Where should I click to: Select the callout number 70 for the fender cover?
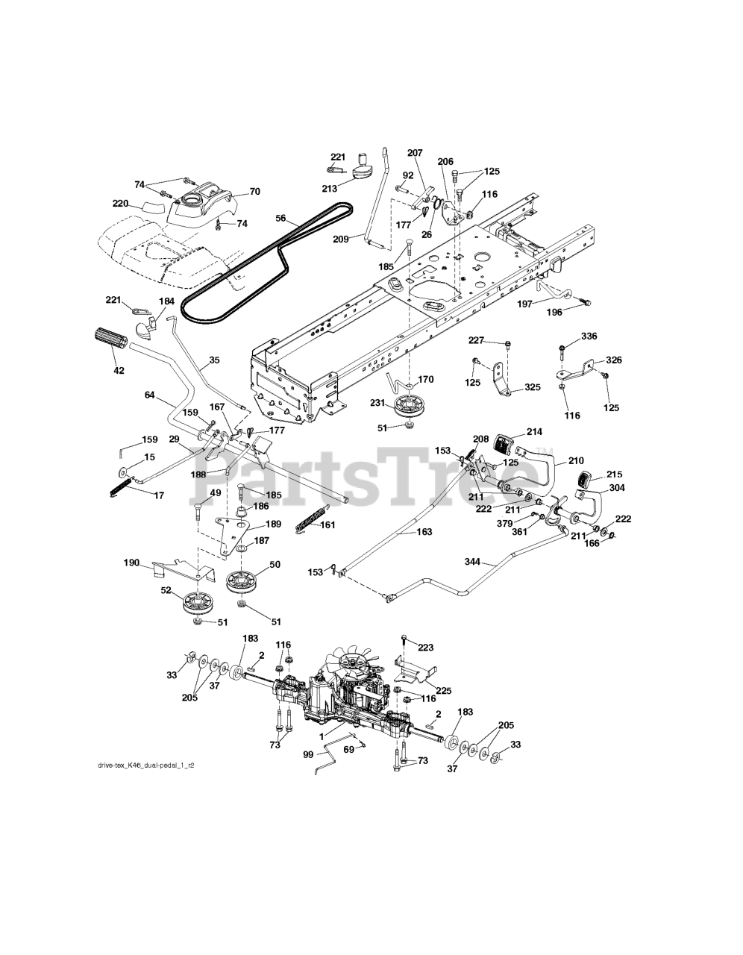(255, 192)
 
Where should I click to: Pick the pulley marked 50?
(241, 583)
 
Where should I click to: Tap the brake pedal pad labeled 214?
(504, 443)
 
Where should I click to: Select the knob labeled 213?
(363, 169)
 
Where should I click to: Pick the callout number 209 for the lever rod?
(341, 239)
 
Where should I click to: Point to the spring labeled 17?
(120, 487)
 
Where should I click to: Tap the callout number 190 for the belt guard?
(131, 563)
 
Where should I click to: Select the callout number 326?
(614, 360)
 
